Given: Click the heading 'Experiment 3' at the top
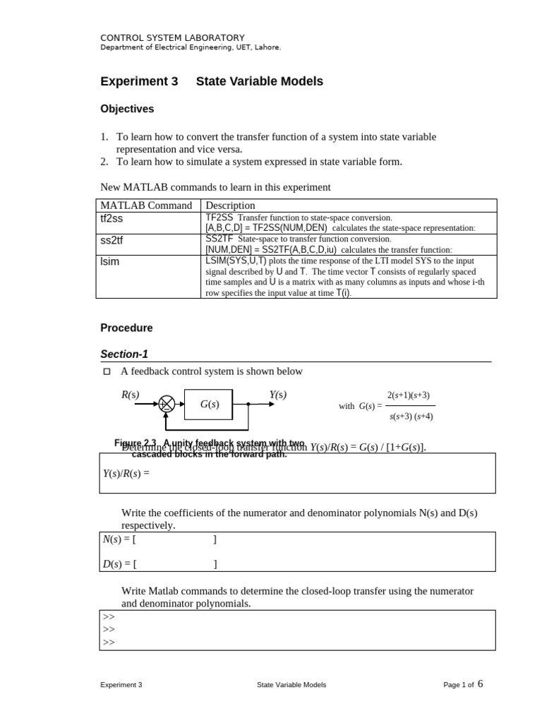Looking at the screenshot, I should tap(139, 81).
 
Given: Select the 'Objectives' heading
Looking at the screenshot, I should tap(127, 109).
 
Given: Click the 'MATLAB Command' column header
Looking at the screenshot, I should tap(146, 205).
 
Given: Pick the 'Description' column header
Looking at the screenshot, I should tap(230, 205).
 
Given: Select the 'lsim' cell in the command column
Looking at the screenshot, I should tap(111, 262).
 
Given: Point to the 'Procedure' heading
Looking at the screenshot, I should tap(126, 328).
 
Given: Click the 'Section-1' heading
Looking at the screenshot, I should tap(124, 354).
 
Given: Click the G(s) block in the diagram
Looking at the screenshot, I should tap(209, 405).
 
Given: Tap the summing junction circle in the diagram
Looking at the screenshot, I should tap(167, 405).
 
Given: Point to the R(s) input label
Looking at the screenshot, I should tap(131, 395).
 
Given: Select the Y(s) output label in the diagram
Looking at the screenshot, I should tap(278, 395).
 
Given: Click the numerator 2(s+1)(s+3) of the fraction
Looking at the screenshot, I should tap(408, 395).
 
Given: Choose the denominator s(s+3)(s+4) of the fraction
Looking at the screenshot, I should tap(411, 416).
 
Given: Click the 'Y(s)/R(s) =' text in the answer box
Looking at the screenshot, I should tap(127, 473).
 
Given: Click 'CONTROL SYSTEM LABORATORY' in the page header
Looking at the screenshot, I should tap(172, 37).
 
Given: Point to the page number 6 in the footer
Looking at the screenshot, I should tap(481, 683).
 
